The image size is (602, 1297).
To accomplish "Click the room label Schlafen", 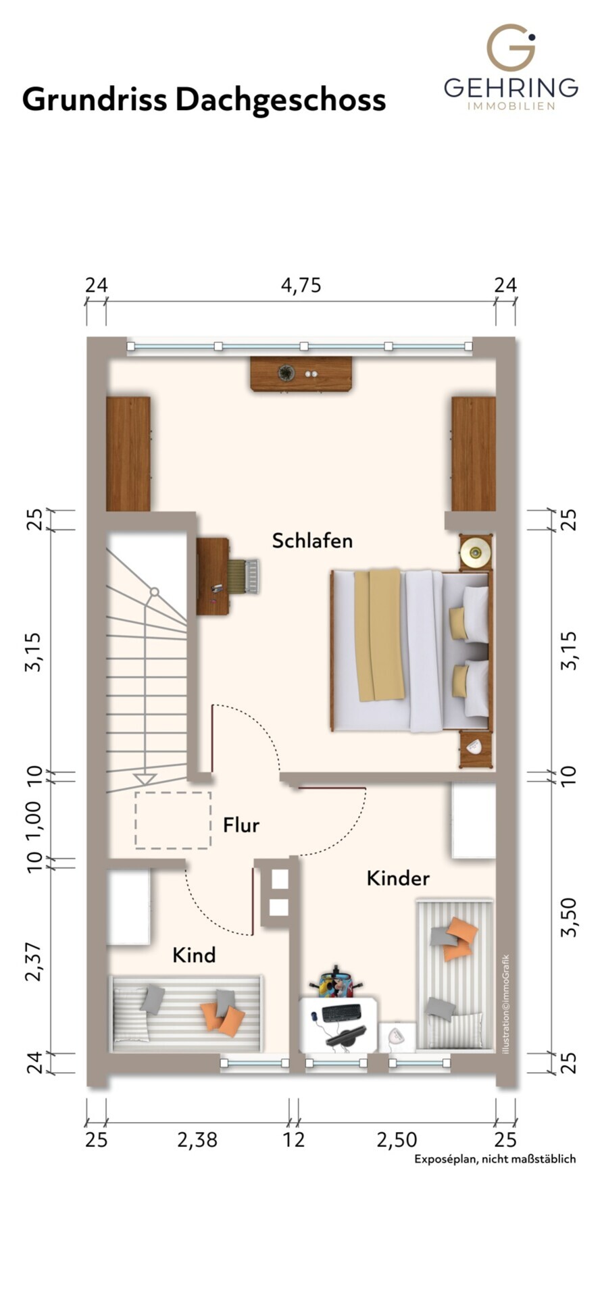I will [312, 540].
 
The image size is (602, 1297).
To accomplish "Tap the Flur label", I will [241, 825].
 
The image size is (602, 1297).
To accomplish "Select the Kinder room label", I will [398, 878].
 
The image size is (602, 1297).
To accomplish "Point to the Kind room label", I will [194, 955].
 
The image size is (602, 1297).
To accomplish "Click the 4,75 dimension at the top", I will [301, 286].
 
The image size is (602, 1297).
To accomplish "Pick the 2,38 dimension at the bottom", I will [197, 1140].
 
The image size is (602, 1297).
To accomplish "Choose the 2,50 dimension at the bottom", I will [397, 1140].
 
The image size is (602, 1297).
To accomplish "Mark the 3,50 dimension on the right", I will [570, 917].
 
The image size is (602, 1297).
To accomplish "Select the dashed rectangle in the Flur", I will [173, 819].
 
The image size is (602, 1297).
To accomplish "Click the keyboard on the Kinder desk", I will [341, 1013].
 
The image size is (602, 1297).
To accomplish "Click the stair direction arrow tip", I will [145, 783].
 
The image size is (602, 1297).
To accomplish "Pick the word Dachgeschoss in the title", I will [280, 100].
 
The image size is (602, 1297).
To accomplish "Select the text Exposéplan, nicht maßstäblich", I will [495, 1159].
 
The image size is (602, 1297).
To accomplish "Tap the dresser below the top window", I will [301, 374].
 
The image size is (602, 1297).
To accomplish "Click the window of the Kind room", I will [254, 1063].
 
